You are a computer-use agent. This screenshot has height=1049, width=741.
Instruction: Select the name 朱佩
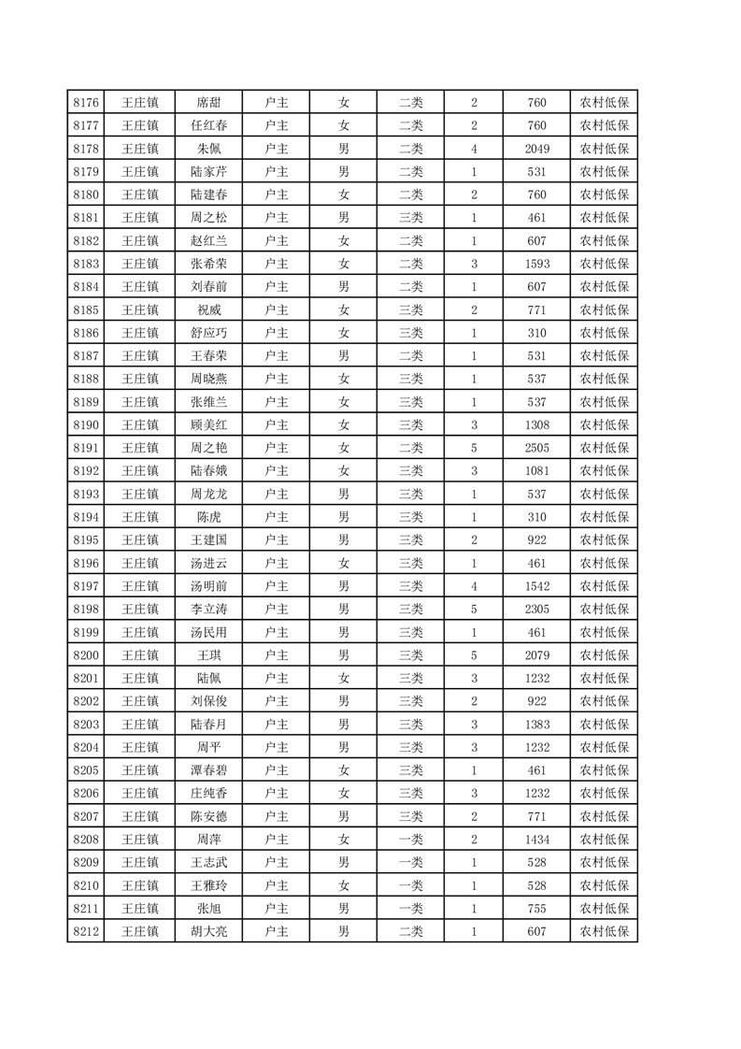point(208,149)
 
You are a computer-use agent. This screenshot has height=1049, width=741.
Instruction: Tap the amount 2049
point(536,149)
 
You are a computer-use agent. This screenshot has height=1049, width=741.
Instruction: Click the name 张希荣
point(208,264)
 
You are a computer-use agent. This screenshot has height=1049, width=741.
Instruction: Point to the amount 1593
point(536,264)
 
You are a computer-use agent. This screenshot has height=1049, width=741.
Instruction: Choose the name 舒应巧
point(208,333)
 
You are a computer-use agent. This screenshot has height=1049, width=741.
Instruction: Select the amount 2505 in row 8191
point(536,448)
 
